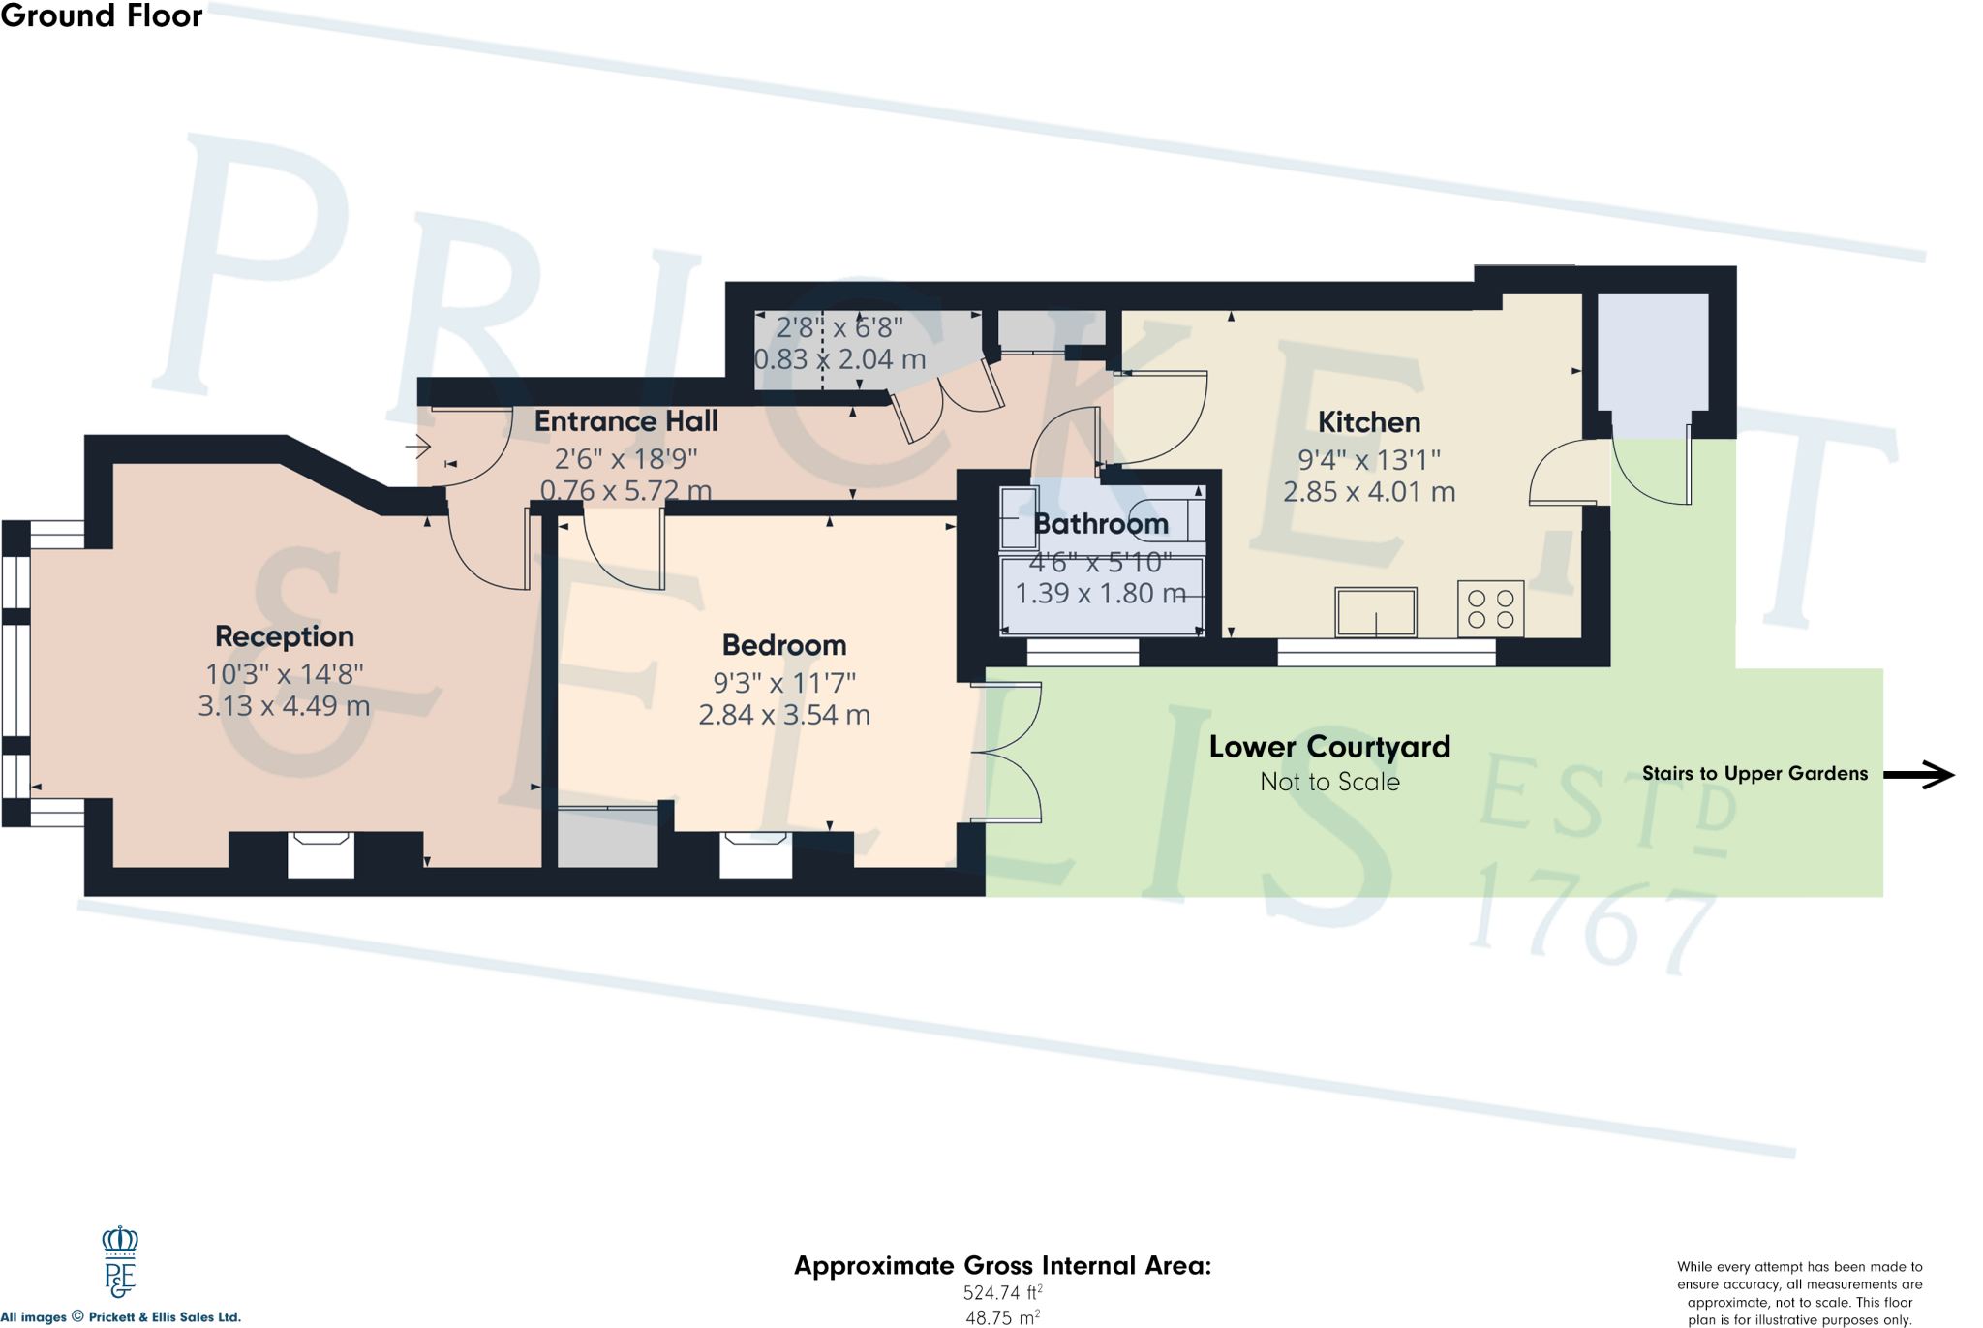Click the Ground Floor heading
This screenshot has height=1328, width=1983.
(102, 15)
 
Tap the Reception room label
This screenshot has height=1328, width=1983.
(284, 636)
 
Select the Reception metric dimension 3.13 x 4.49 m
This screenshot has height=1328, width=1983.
(284, 706)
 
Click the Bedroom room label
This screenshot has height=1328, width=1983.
(784, 645)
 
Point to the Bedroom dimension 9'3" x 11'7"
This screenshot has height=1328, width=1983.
(784, 683)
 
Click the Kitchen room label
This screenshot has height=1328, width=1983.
(1369, 422)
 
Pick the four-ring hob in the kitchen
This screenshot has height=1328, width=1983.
(1490, 609)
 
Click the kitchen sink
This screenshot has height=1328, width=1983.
(1376, 612)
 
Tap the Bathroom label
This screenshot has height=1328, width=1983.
(1101, 524)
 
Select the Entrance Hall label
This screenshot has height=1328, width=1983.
(625, 421)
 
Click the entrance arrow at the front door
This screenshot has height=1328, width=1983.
(418, 447)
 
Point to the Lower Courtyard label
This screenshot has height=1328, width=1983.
(1329, 747)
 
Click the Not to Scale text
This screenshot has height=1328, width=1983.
(1329, 783)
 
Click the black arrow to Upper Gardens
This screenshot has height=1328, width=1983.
(1919, 774)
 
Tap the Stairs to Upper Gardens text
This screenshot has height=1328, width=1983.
(1754, 774)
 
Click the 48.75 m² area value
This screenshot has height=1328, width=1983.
(1002, 1317)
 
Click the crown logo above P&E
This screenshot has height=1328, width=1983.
(120, 1241)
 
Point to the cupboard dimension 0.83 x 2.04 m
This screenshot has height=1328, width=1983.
(839, 359)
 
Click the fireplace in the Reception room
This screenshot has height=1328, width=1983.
(320, 854)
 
